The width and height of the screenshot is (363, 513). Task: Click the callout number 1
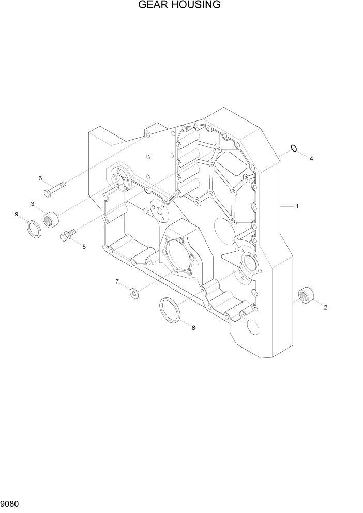(x=297, y=206)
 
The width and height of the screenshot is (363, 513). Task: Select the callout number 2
(x=326, y=308)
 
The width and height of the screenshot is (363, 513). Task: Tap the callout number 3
(x=32, y=204)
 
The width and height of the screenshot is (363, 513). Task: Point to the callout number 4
(x=311, y=159)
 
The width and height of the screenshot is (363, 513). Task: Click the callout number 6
(x=40, y=178)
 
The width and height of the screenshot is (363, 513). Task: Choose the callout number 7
(x=117, y=281)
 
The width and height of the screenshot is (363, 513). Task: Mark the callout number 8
(x=193, y=327)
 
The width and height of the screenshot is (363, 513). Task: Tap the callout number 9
(x=17, y=214)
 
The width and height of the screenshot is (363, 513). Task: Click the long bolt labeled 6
(x=55, y=189)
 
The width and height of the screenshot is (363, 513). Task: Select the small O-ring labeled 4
(x=294, y=149)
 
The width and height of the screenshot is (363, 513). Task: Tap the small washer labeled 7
(x=134, y=294)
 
